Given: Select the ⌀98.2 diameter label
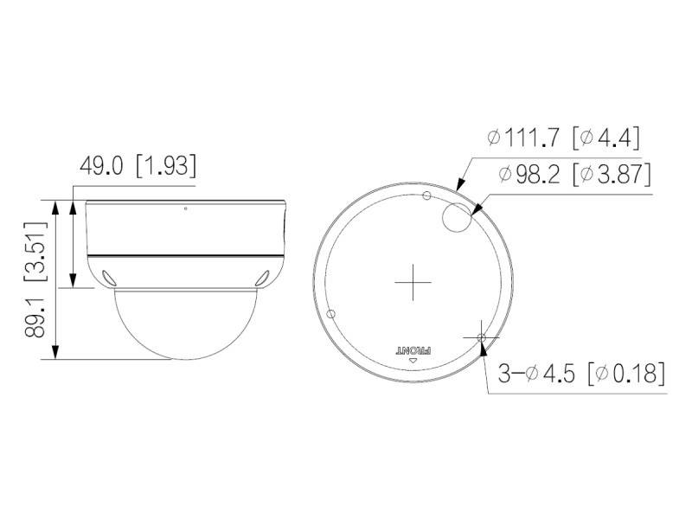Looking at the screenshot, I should coord(533,174).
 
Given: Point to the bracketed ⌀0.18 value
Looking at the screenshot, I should coord(626,374).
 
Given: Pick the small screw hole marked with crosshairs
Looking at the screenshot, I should coord(482,337).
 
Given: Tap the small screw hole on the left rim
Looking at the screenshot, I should coord(330,313).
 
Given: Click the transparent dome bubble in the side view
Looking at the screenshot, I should coord(185,324).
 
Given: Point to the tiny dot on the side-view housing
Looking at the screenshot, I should coord(185,208).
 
